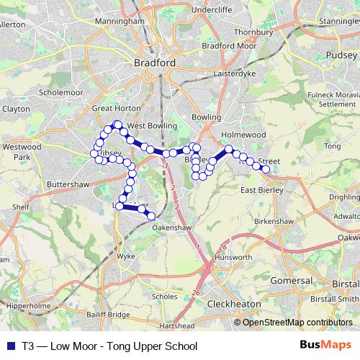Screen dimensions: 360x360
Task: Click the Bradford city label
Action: (155, 63)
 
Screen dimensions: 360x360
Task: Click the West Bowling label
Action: (153, 125)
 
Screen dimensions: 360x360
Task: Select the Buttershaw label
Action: (67, 184)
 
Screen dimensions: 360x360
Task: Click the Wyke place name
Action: (127, 255)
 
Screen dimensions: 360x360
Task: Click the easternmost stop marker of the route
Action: (266, 169)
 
